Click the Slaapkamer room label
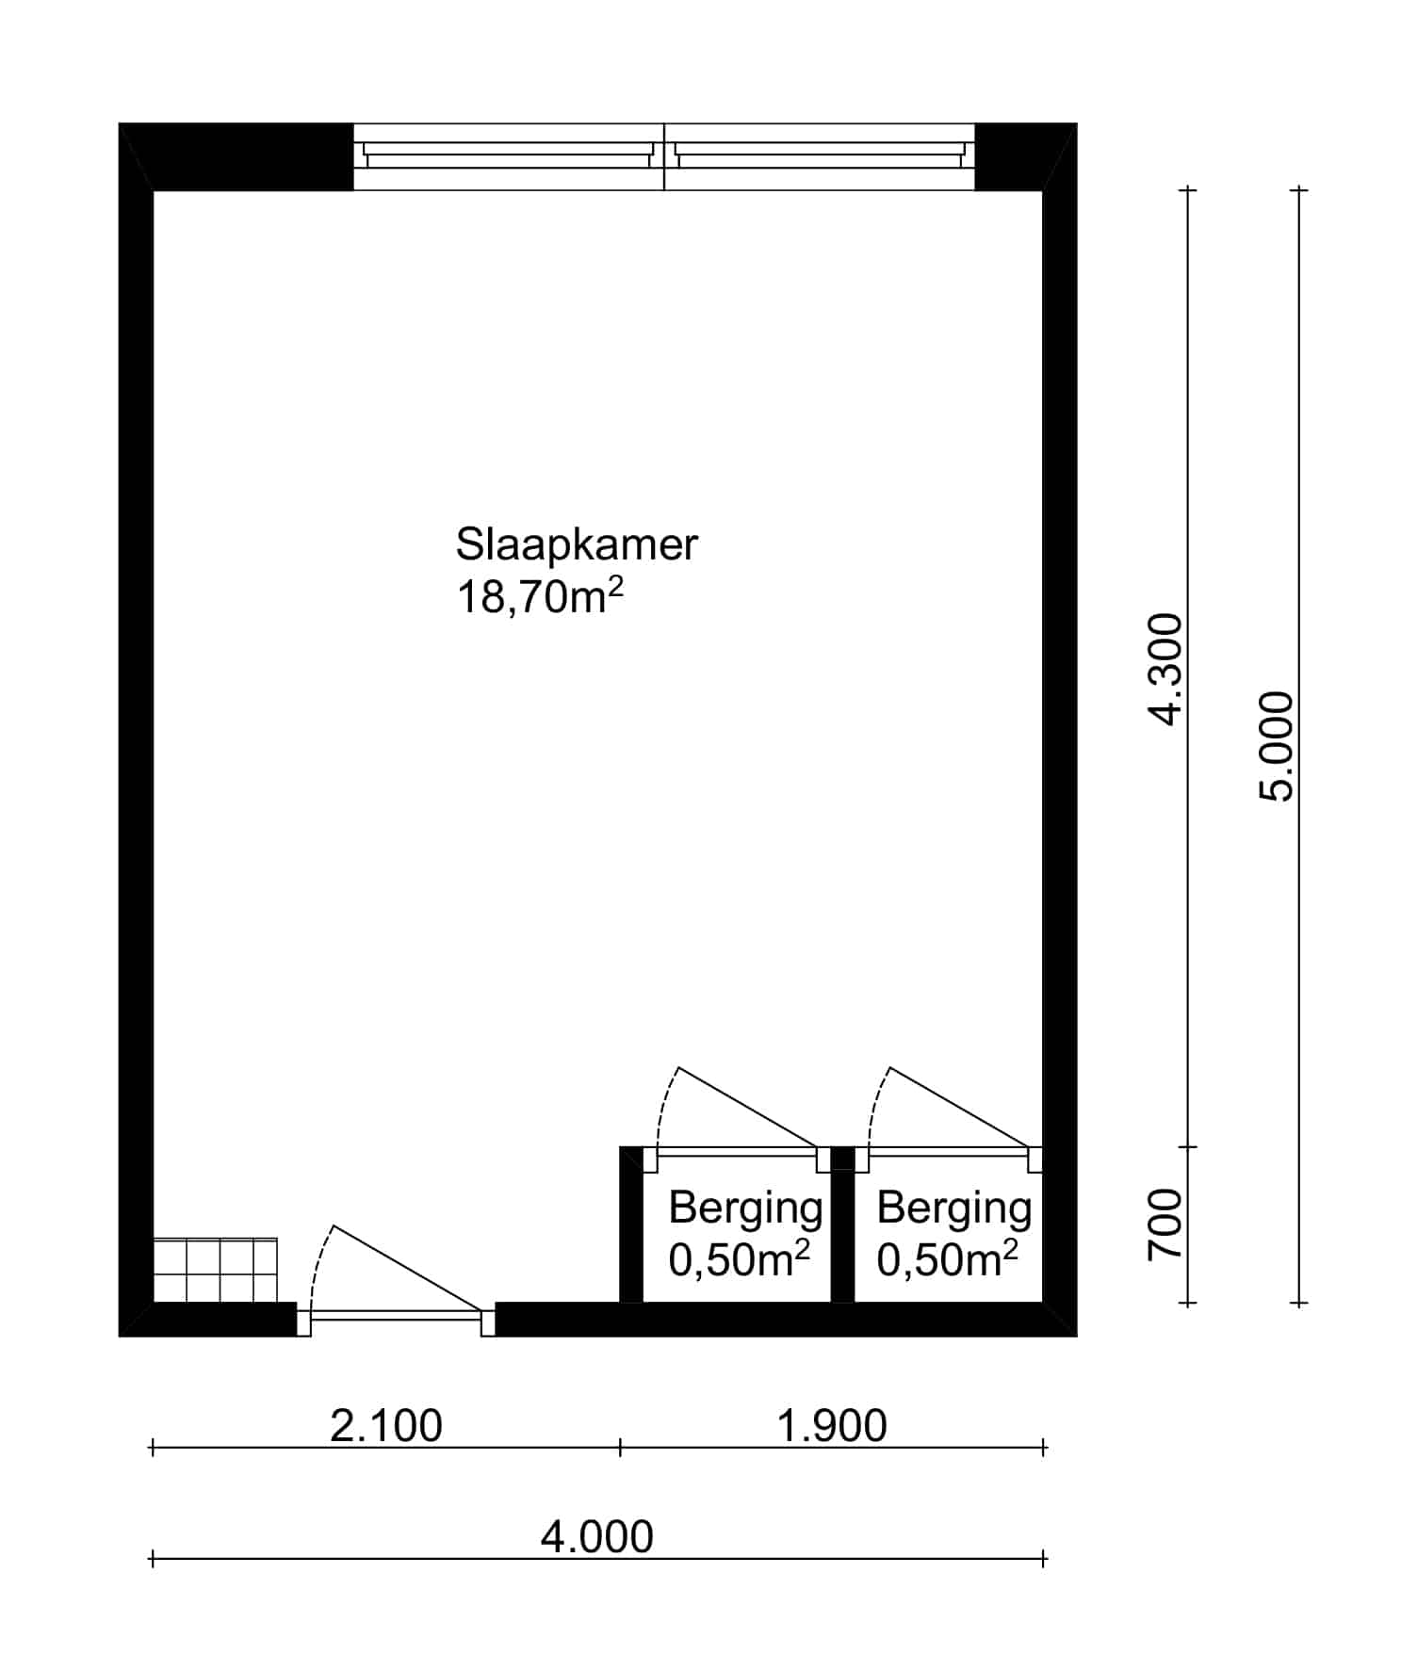(x=577, y=544)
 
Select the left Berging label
(x=745, y=1208)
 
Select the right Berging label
(x=953, y=1208)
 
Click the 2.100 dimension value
(x=386, y=1426)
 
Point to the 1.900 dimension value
(x=832, y=1426)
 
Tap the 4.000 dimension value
(x=597, y=1537)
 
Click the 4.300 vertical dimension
(x=1165, y=669)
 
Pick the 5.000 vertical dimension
(x=1277, y=746)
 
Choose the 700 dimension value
(x=1165, y=1224)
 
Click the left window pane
(x=509, y=156)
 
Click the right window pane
(x=820, y=156)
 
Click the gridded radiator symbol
(x=216, y=1270)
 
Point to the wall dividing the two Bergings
(x=843, y=1224)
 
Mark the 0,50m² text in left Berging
(x=740, y=1259)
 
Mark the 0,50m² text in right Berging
(x=948, y=1259)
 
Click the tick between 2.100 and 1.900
(x=620, y=1448)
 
